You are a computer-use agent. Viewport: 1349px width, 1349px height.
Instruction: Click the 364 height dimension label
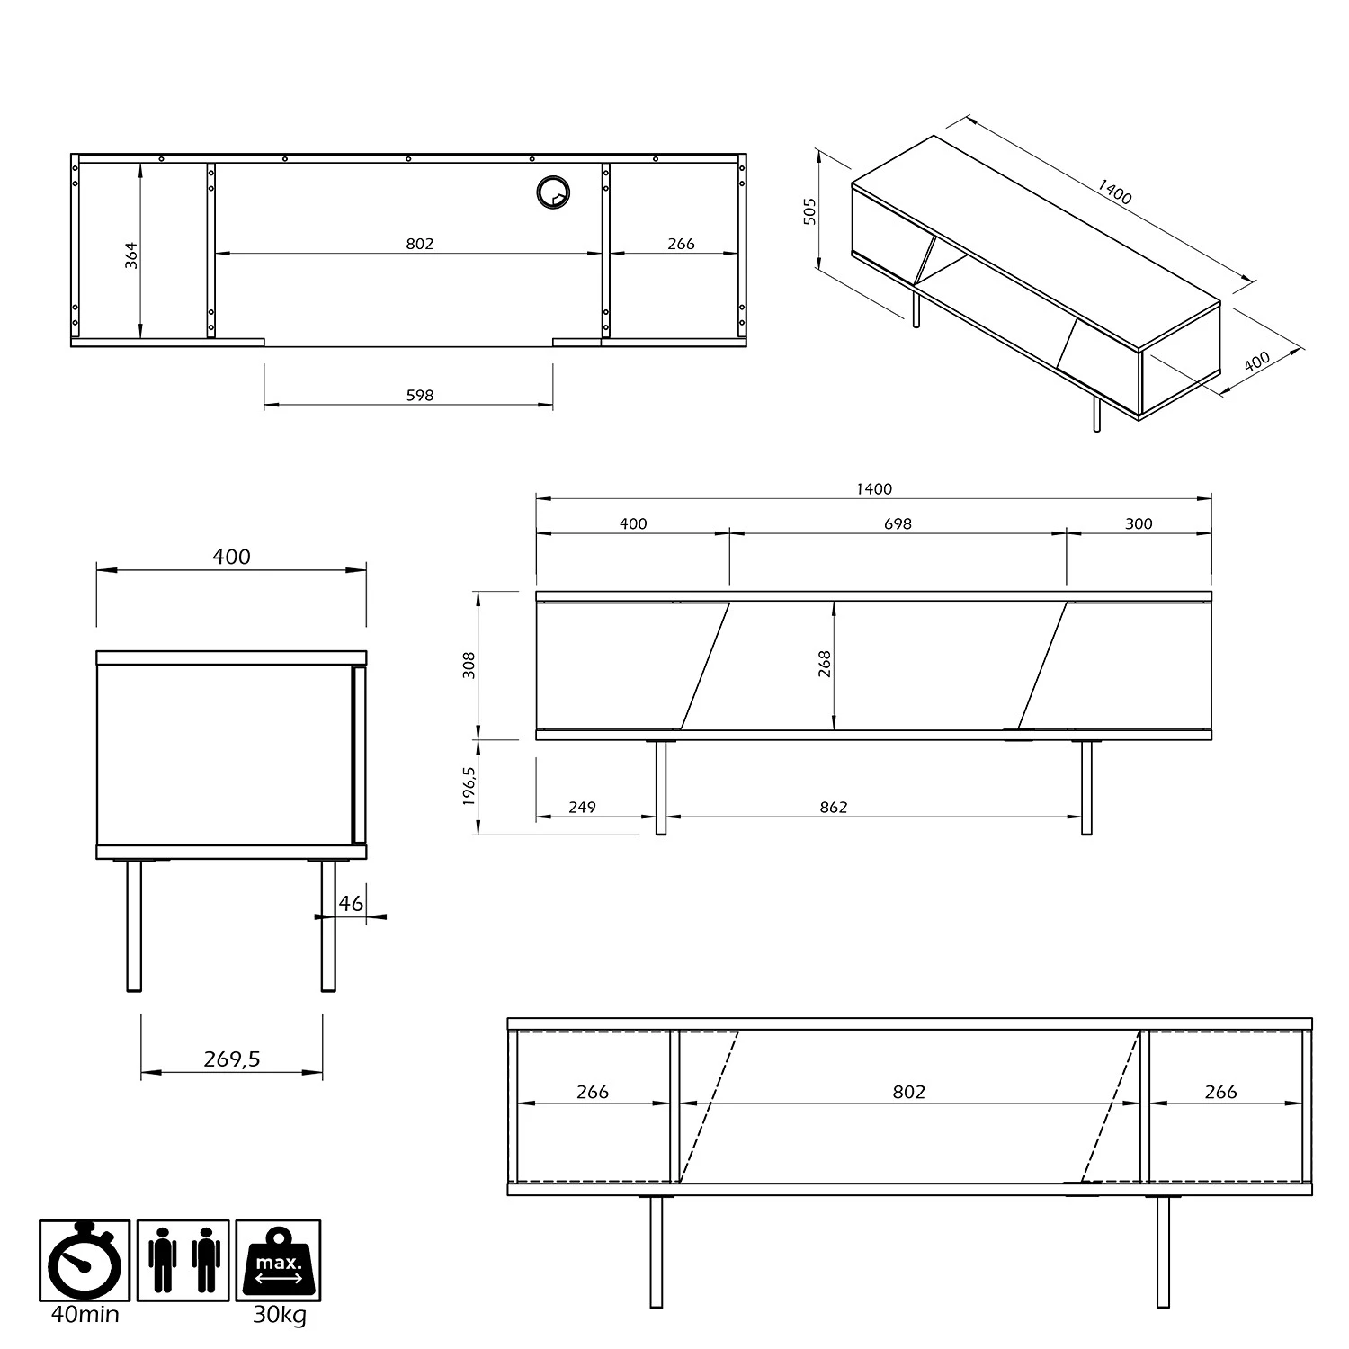coord(132,255)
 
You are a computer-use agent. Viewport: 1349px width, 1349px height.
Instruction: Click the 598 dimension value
coord(420,395)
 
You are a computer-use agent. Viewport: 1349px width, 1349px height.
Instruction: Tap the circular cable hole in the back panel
coord(553,192)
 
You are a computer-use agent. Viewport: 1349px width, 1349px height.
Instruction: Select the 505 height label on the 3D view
coord(810,211)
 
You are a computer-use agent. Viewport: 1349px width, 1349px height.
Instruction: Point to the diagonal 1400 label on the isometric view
coord(1115,192)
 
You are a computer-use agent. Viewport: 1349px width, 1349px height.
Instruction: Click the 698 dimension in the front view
coord(898,523)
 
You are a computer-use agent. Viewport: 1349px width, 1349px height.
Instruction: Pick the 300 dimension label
coord(1139,523)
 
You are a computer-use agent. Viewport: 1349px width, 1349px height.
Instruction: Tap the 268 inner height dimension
coord(825,664)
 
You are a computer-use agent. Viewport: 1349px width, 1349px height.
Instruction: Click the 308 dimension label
coord(469,665)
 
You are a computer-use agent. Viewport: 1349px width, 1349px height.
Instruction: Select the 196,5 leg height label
coord(469,786)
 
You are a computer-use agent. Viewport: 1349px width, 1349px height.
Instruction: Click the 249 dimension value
coord(582,807)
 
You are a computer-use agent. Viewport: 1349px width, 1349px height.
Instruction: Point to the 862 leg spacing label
coord(834,807)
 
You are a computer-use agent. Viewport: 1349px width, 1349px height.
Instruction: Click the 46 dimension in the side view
coord(351,903)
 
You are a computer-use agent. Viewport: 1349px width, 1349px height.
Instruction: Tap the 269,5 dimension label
coord(231,1059)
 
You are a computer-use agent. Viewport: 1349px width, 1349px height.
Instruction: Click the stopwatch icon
coord(85,1260)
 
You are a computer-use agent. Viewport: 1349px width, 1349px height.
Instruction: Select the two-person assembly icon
coord(183,1260)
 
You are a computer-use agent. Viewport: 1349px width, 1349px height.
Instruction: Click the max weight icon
coord(278,1260)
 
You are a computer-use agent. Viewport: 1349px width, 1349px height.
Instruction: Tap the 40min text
coord(85,1314)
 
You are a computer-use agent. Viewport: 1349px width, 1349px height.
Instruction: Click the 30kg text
coord(279,1314)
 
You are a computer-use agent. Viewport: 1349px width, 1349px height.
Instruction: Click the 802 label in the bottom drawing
coord(908,1091)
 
